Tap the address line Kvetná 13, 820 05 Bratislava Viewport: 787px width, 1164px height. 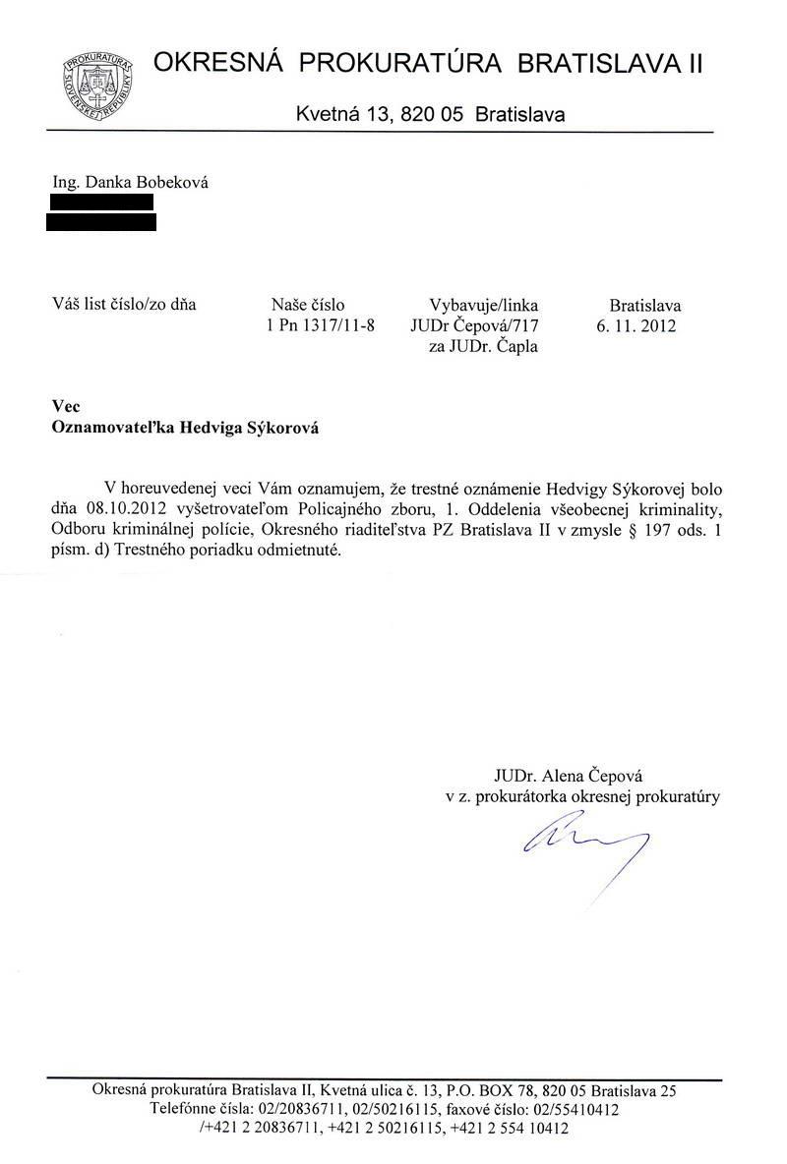pyautogui.click(x=430, y=114)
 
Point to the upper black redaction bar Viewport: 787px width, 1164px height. pyautogui.click(x=101, y=202)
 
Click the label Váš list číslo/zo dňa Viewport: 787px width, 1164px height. pyautogui.click(x=124, y=304)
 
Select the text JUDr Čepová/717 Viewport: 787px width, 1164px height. pyautogui.click(x=476, y=325)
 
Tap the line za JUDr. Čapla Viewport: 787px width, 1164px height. pyautogui.click(x=484, y=346)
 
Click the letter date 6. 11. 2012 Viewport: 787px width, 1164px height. pyautogui.click(x=636, y=325)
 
